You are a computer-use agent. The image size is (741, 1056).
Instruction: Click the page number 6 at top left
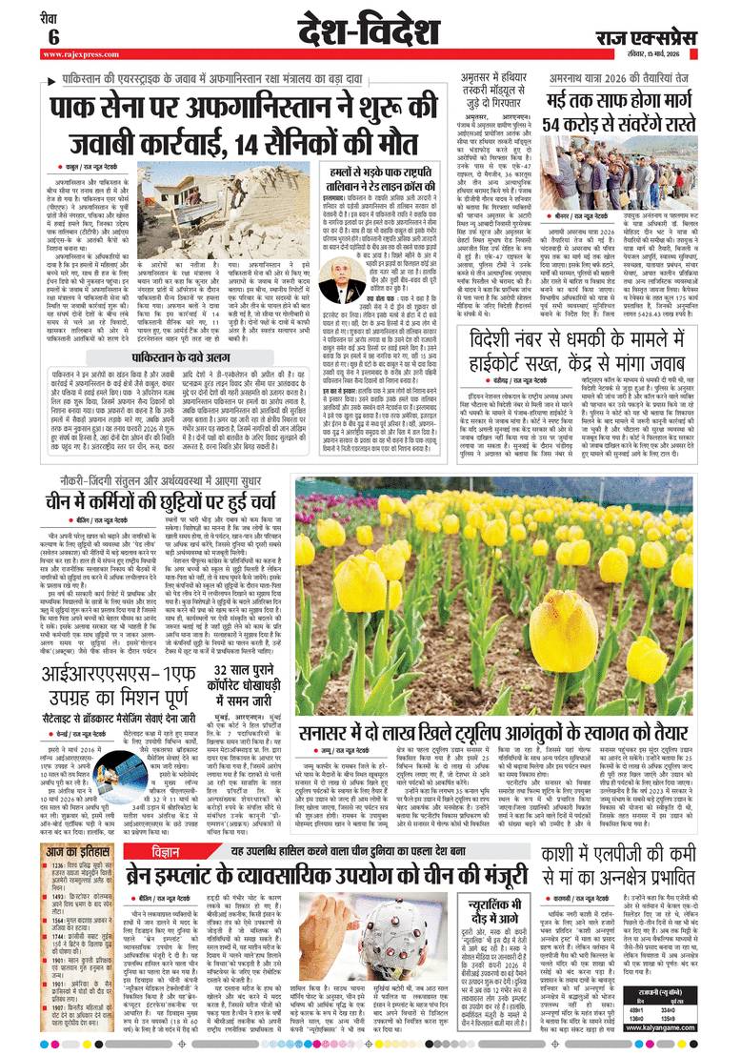pos(54,34)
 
